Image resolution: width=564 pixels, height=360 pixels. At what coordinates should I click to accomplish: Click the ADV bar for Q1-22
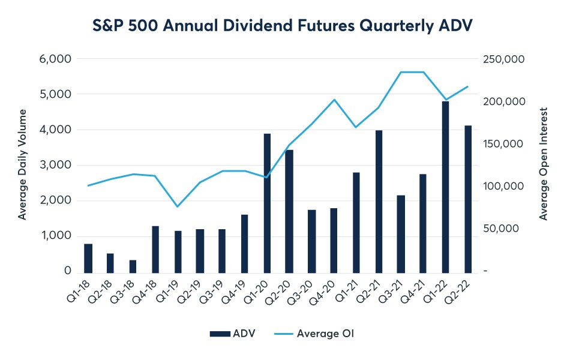coord(445,186)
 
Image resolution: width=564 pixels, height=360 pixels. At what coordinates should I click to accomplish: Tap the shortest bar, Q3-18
coord(133,266)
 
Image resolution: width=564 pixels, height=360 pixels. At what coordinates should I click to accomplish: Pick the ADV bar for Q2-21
coord(379,200)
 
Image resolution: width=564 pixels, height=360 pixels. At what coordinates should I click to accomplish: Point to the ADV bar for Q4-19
coord(245,242)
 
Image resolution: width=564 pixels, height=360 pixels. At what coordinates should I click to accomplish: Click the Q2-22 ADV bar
coord(467,198)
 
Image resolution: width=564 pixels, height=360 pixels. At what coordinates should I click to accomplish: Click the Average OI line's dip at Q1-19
coord(178,206)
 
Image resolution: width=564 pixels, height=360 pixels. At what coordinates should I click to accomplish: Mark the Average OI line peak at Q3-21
coord(401,72)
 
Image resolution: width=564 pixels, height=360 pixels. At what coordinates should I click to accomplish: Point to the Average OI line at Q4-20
coord(334,100)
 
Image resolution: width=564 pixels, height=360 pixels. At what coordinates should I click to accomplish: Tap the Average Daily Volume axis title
coord(22,164)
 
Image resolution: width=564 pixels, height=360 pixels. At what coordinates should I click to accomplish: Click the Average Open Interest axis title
coord(544,164)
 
